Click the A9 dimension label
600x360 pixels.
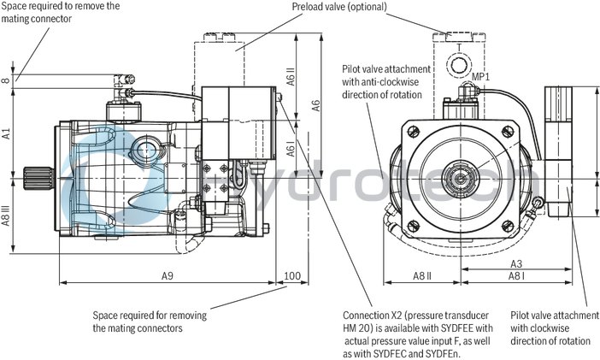[167, 275]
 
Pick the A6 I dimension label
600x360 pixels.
[292, 150]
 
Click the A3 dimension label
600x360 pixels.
[517, 264]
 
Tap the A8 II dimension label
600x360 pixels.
[422, 275]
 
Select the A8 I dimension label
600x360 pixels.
[517, 275]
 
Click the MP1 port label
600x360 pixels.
[482, 76]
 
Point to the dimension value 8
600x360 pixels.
[7, 82]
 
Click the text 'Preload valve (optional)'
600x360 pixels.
[339, 7]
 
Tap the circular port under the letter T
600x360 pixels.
[459, 66]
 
